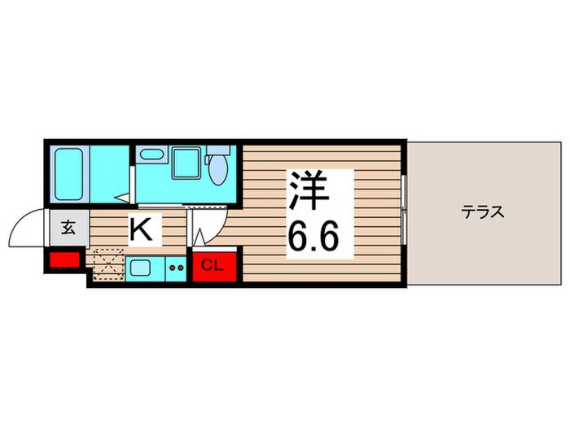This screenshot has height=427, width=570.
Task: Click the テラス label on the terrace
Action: click(484, 213)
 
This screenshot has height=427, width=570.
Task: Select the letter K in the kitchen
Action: click(141, 230)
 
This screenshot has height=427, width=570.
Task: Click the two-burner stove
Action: click(176, 266)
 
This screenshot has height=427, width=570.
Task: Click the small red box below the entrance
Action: click(63, 261)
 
